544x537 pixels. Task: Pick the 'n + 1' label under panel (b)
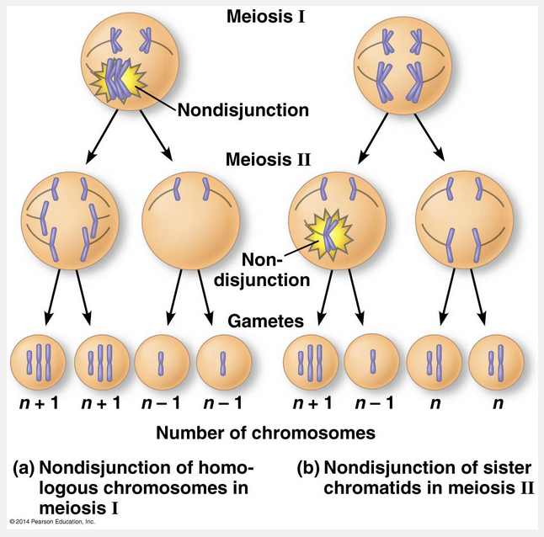coord(312,403)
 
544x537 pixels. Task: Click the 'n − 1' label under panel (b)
coord(371,403)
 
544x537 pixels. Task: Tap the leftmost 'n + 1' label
coord(39,403)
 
